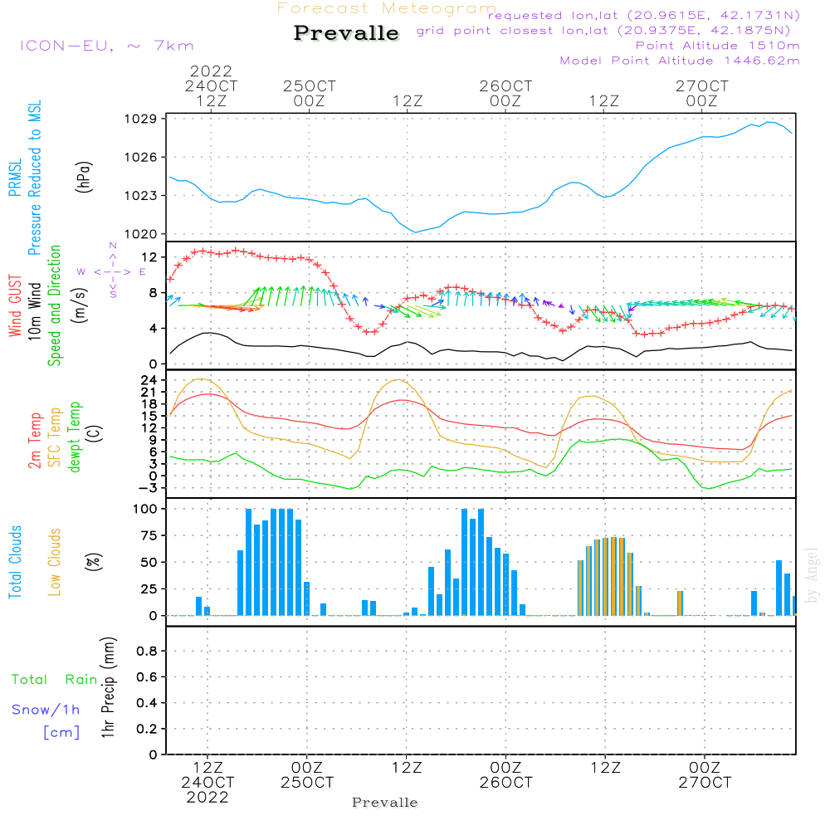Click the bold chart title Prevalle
346,33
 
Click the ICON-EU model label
106,46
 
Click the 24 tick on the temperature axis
149,380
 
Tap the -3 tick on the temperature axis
149,488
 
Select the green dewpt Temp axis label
74,437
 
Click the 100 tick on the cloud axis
146,509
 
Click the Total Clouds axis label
14,562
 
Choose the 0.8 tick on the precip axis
146,652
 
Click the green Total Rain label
54,680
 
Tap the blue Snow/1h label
46,710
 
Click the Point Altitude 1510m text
717,45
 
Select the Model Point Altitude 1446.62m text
679,60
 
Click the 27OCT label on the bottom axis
704,783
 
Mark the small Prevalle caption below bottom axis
384,803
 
